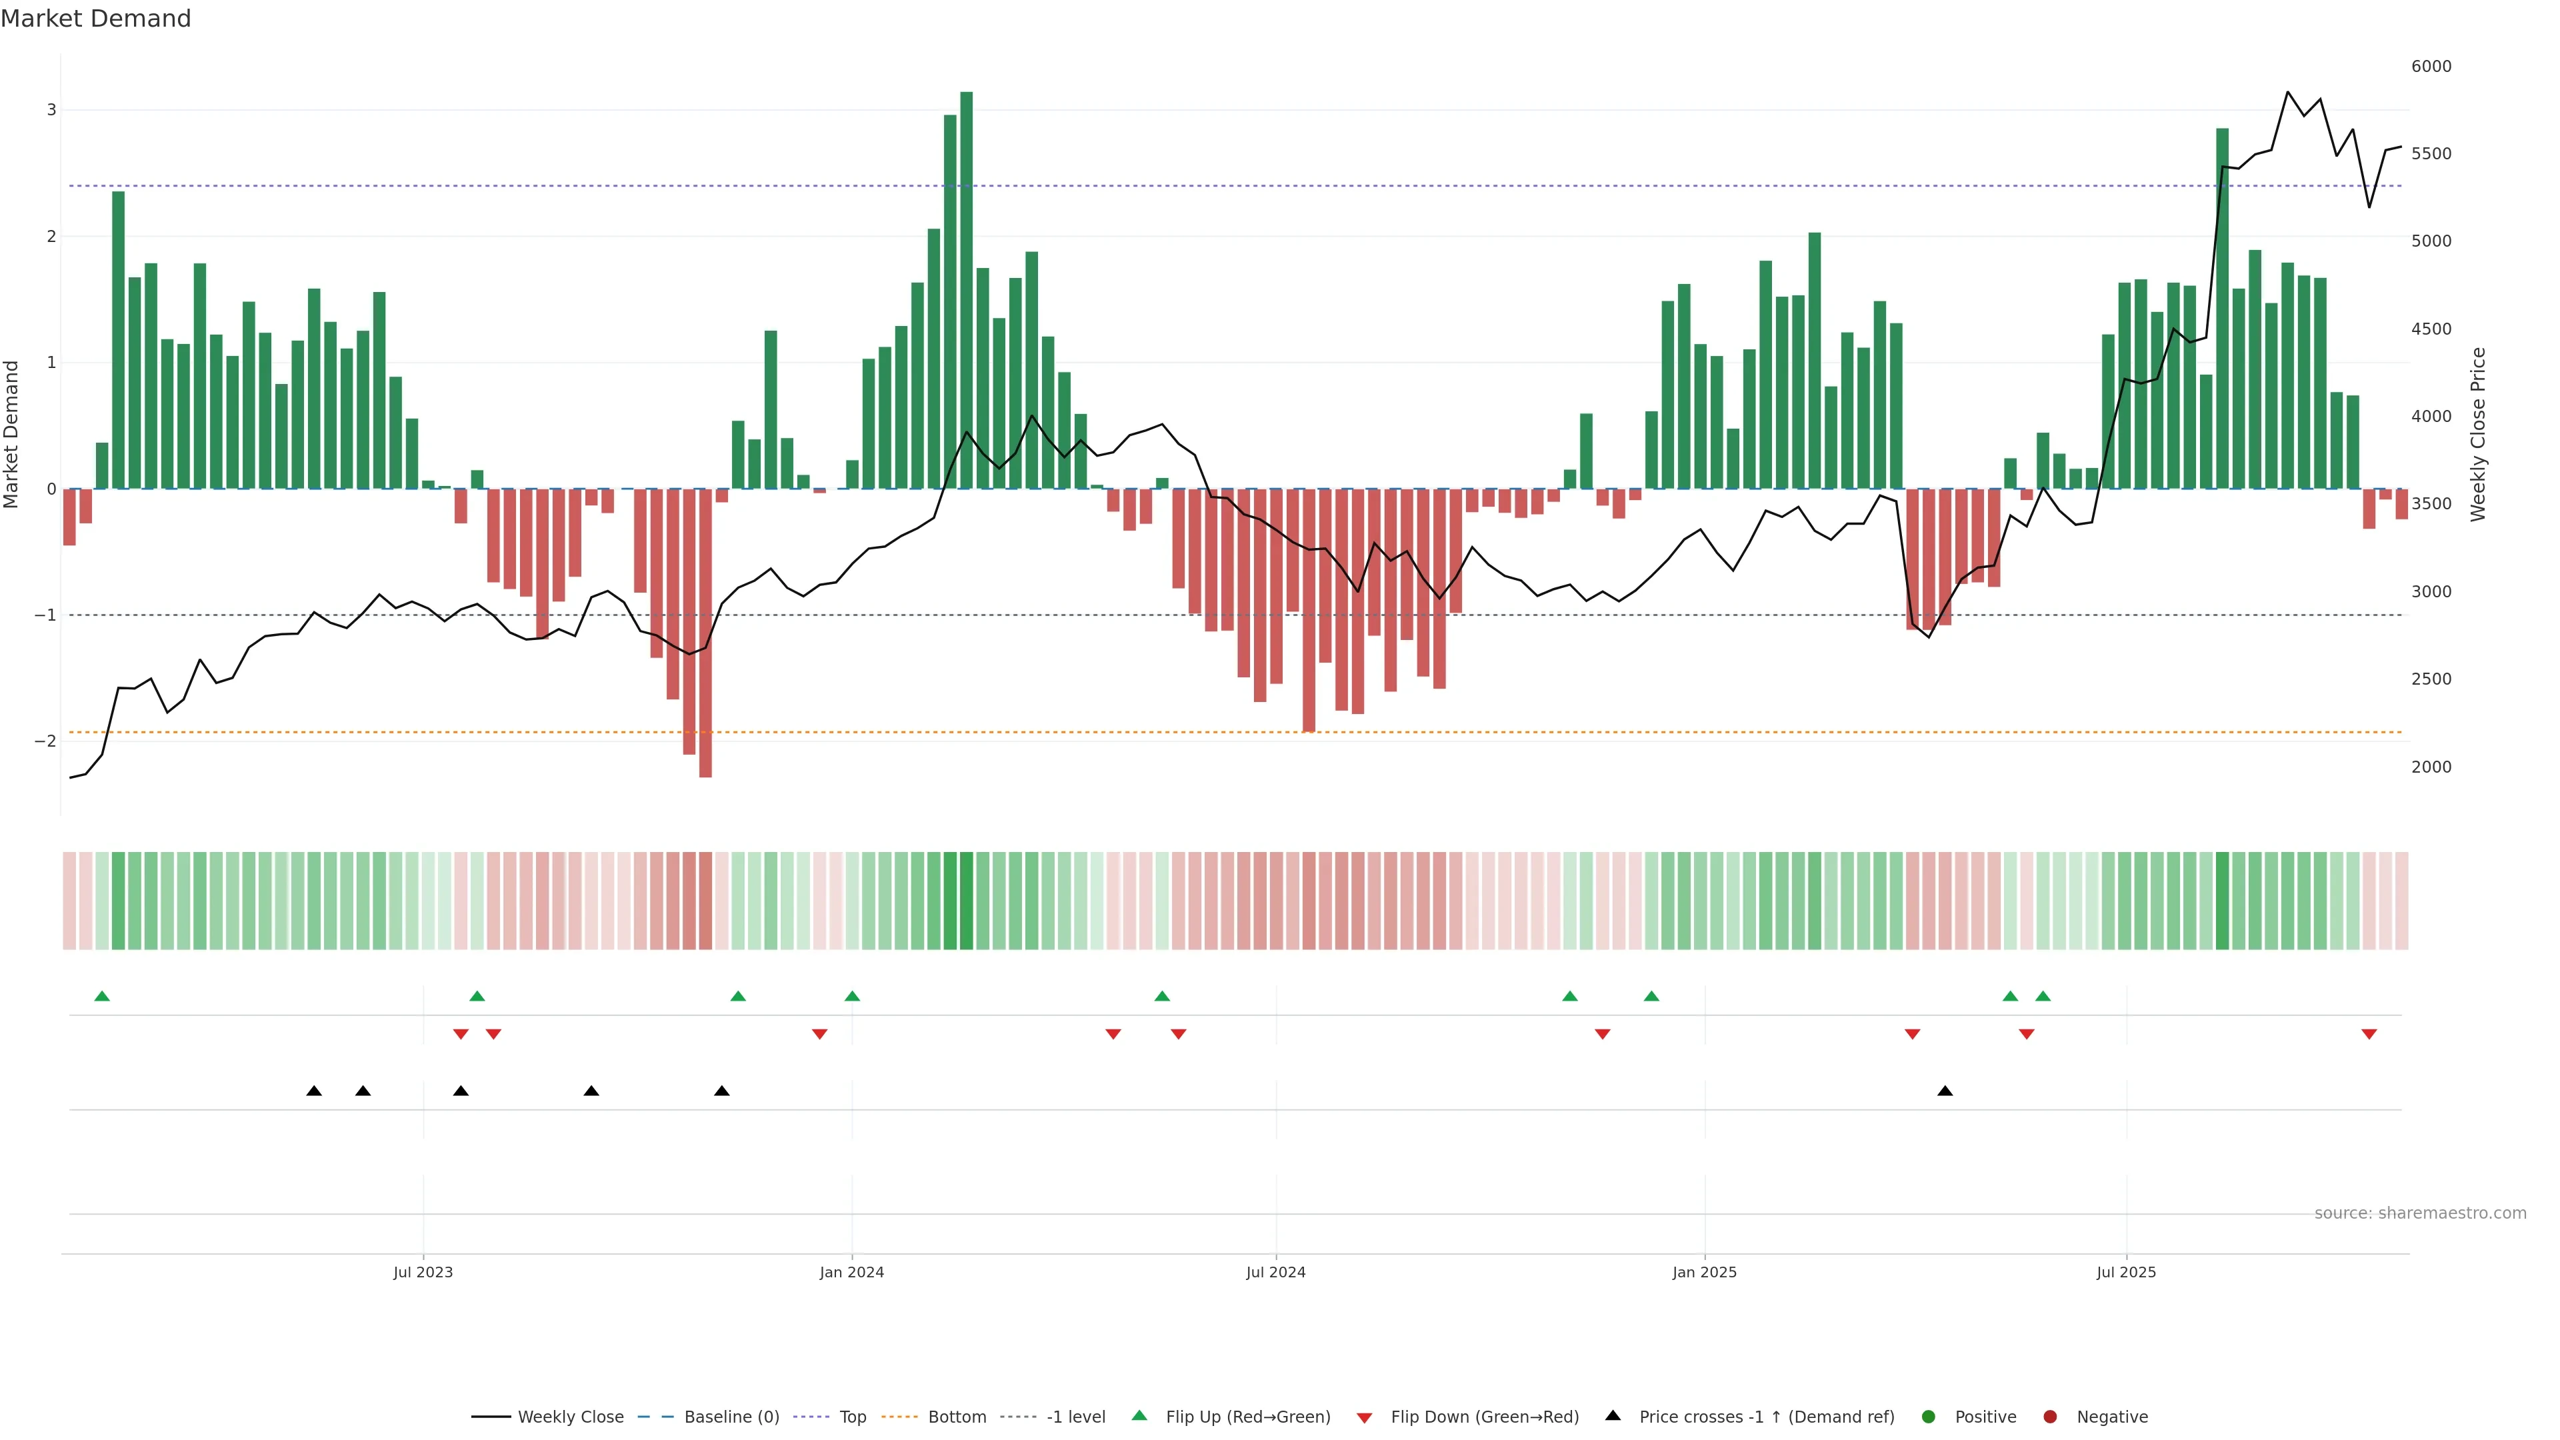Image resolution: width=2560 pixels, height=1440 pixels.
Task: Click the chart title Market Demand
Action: pyautogui.click(x=95, y=19)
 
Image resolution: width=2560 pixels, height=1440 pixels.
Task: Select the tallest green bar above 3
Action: pyautogui.click(x=966, y=288)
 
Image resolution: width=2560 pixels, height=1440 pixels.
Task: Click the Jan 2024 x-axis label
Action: pyautogui.click(x=852, y=1272)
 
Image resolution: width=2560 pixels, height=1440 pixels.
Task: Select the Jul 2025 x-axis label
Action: pyautogui.click(x=2126, y=1272)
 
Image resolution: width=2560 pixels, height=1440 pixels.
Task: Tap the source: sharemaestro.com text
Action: pyautogui.click(x=2420, y=1213)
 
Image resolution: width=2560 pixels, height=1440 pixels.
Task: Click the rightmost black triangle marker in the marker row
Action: pyautogui.click(x=1945, y=1091)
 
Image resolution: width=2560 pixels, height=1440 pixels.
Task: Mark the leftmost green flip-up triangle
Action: pyautogui.click(x=101, y=996)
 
